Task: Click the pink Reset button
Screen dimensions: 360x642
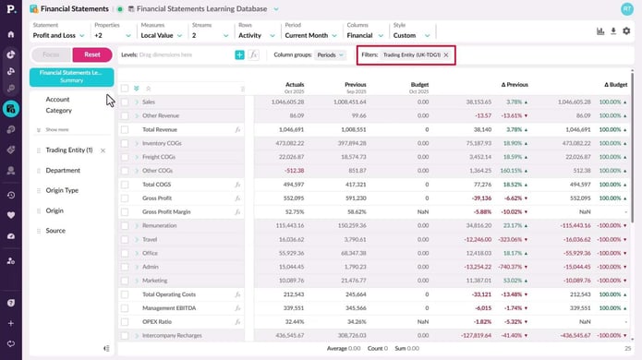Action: (x=91, y=55)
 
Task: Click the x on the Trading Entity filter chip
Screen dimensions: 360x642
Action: (x=446, y=55)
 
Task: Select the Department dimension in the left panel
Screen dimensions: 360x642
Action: (x=63, y=170)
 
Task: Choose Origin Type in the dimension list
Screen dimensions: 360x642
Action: (x=63, y=190)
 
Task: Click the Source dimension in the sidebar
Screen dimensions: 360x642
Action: (x=55, y=230)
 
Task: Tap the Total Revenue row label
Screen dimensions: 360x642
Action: (x=161, y=130)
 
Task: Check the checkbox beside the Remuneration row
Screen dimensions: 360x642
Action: (x=125, y=225)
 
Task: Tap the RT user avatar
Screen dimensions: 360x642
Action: (x=627, y=8)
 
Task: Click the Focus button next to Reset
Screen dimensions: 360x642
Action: (x=52, y=55)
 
